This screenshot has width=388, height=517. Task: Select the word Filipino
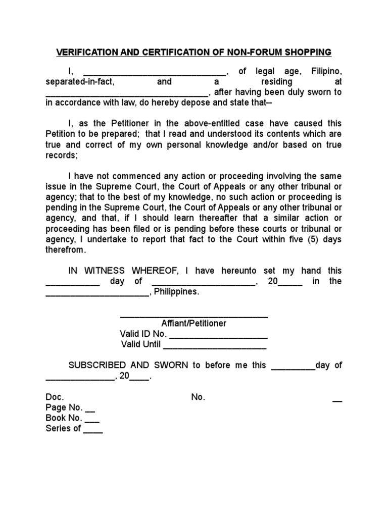325,71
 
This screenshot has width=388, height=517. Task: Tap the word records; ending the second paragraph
62,156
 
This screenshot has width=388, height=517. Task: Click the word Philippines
176,292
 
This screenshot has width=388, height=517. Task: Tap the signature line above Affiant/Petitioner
193,317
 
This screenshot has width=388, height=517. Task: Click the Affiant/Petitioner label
193,323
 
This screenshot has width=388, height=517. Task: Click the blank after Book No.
92,421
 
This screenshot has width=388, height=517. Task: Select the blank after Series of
93,432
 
